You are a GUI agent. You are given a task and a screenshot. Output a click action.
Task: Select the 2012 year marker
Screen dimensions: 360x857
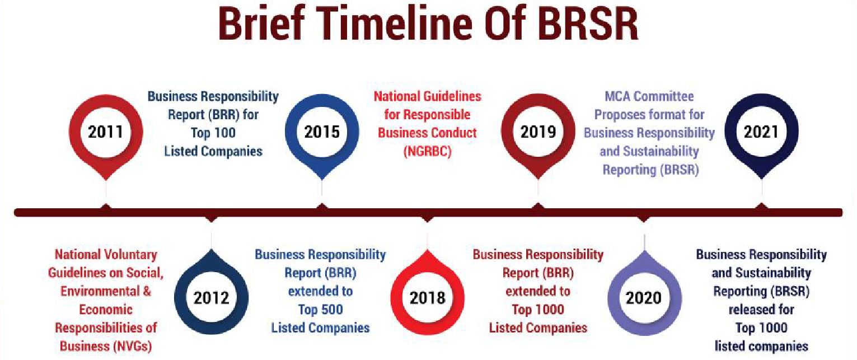[x=211, y=298]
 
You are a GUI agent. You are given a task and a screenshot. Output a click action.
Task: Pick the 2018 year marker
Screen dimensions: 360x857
[x=427, y=298]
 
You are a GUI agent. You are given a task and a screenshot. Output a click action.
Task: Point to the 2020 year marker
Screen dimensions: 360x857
[x=644, y=298]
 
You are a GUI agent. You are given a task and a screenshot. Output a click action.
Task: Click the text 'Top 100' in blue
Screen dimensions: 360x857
[x=213, y=133]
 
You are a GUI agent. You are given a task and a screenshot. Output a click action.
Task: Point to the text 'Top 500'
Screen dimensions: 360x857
[x=320, y=310]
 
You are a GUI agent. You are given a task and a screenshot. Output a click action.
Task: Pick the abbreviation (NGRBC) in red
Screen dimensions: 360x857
[x=427, y=151]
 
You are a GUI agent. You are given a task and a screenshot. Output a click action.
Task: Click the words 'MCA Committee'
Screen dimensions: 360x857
[x=649, y=96]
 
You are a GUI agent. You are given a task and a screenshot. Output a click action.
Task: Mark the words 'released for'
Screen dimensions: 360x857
[x=761, y=310]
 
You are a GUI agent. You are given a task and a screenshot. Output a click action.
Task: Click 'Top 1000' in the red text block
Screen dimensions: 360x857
[x=538, y=310]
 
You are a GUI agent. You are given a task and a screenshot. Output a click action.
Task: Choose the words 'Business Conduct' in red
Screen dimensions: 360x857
[x=427, y=133]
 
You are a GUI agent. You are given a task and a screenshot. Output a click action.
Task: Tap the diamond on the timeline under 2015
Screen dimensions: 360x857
[x=322, y=207]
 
